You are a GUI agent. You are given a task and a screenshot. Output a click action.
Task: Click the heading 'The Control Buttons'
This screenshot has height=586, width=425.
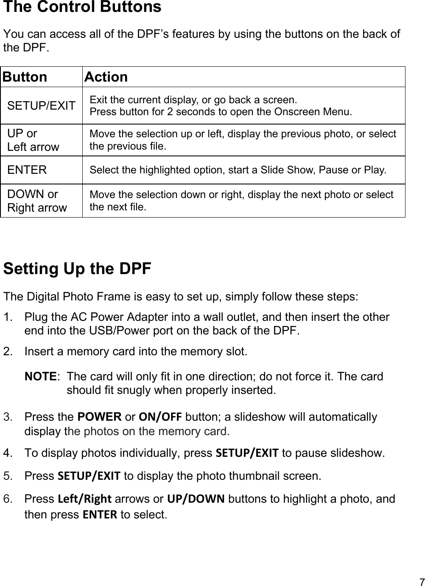pyautogui.click(x=82, y=8)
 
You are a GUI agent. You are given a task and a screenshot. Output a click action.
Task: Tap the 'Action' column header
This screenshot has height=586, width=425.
pyautogui.click(x=106, y=77)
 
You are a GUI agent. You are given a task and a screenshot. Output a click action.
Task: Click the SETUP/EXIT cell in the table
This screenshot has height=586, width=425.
pyautogui.click(x=42, y=105)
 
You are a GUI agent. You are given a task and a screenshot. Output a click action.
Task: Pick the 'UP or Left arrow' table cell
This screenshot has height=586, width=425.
pyautogui.click(x=33, y=140)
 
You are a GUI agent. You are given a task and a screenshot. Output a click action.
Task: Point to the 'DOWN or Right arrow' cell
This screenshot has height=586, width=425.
pyautogui.click(x=37, y=201)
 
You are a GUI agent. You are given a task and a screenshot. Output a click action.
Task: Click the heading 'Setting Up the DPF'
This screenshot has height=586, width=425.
pyautogui.click(x=77, y=269)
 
